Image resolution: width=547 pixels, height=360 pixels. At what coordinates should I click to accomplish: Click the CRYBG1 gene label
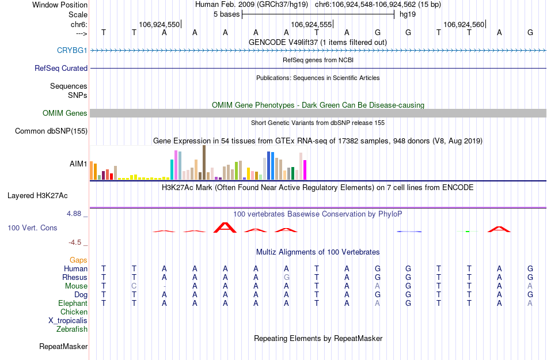[72, 50]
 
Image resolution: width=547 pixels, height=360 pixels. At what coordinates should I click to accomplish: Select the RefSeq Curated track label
[61, 68]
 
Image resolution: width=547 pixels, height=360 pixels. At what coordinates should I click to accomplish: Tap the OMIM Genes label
[64, 113]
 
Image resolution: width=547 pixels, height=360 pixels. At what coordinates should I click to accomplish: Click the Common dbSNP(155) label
[51, 131]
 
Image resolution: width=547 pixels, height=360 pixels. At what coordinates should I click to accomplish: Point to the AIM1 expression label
[78, 164]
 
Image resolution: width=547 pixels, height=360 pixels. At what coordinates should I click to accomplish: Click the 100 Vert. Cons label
[32, 228]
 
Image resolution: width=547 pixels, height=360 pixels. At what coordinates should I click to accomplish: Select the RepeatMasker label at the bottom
[63, 346]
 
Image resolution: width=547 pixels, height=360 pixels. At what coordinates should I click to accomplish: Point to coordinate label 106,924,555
[312, 24]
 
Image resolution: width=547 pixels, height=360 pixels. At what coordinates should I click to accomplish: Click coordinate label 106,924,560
[464, 24]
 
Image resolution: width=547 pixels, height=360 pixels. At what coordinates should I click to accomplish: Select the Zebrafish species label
[72, 329]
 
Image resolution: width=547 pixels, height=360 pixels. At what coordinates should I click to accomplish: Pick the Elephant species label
[73, 303]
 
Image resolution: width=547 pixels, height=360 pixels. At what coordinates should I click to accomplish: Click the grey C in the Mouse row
[134, 286]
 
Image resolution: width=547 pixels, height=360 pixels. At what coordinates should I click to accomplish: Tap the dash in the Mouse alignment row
[165, 286]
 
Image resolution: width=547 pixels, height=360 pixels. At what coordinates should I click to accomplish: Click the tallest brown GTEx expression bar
[204, 162]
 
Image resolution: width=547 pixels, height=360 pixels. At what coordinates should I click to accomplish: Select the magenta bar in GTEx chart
[305, 169]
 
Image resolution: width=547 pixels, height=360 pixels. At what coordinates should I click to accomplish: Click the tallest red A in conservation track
[225, 228]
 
